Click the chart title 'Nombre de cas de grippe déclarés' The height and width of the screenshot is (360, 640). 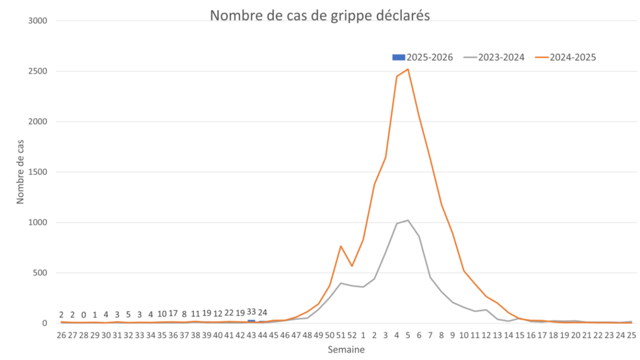pos(320,15)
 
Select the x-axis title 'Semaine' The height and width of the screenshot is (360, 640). pos(346,350)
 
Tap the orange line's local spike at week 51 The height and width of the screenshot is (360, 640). pos(341,246)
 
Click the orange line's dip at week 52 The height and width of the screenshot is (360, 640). pos(352,265)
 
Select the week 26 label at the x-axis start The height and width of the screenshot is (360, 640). pos(61,334)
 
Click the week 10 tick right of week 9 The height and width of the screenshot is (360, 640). pos(464,334)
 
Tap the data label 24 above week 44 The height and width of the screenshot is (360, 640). pos(262,312)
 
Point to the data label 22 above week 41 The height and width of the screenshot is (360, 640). pos(229,313)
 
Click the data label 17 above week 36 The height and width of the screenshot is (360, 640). pos(173,313)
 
